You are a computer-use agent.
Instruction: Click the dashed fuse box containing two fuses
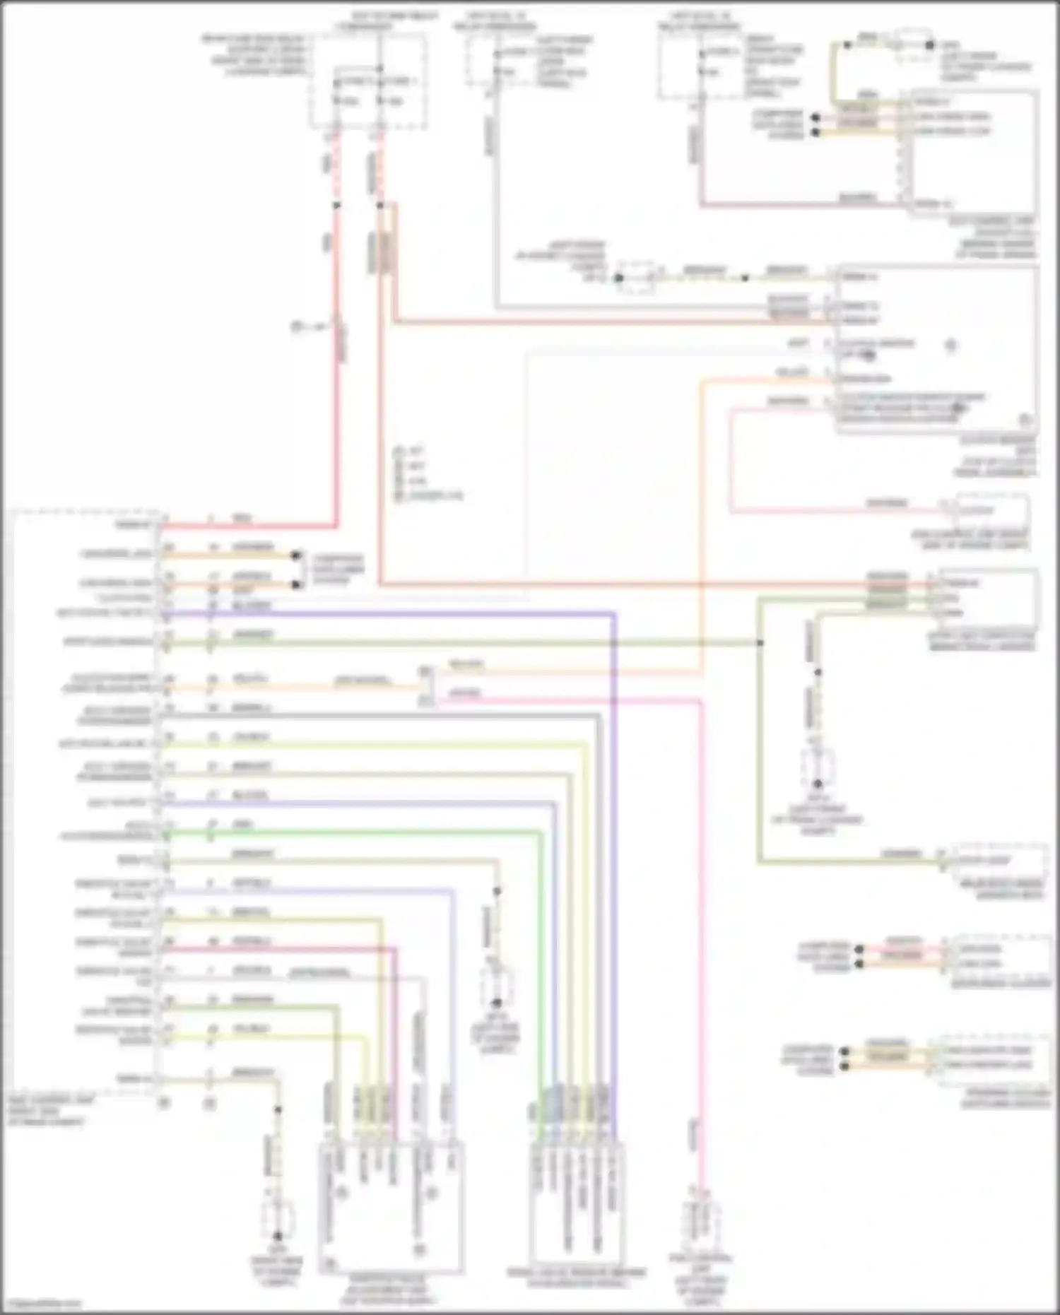369,83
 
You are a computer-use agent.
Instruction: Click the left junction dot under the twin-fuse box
336,206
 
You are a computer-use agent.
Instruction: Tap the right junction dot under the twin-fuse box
379,206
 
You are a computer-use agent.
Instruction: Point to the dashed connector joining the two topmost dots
912,44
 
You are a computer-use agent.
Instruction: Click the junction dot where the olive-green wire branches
760,642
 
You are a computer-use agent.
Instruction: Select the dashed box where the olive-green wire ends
999,861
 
